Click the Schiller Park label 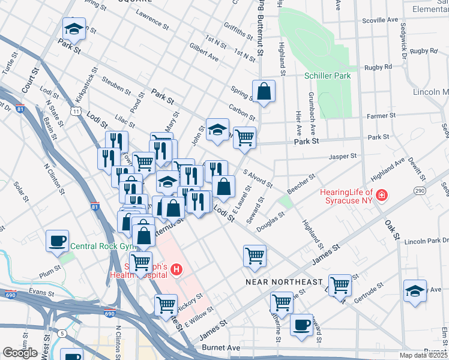point(327,76)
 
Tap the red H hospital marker point(176,270)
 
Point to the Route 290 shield point(418,190)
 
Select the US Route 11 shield point(75,111)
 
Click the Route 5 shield point(62,332)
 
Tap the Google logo point(20,352)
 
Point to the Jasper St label point(343,156)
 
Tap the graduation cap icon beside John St point(217,129)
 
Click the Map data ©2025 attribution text point(423,355)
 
